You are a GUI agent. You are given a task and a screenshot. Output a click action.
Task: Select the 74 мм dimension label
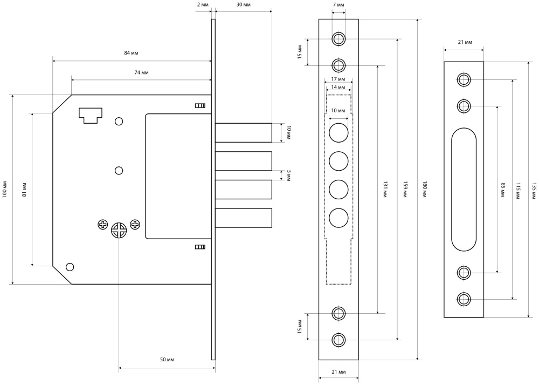(141, 72)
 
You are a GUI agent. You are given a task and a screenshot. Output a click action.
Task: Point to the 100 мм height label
(5, 188)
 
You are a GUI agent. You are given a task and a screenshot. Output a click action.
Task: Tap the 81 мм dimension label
(25, 188)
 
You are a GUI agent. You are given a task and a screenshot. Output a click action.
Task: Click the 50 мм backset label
(167, 360)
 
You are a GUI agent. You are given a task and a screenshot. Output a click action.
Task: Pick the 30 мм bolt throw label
(244, 4)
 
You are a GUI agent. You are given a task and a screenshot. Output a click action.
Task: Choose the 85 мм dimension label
(503, 188)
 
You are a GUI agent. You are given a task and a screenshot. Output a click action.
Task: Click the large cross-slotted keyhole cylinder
(119, 231)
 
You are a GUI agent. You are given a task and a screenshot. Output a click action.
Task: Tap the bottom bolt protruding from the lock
(244, 217)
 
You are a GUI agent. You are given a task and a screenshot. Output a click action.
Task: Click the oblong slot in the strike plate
(464, 189)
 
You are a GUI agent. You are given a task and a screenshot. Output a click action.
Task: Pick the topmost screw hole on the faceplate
(338, 39)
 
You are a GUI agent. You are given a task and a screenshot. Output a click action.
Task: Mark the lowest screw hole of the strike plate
(464, 299)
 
